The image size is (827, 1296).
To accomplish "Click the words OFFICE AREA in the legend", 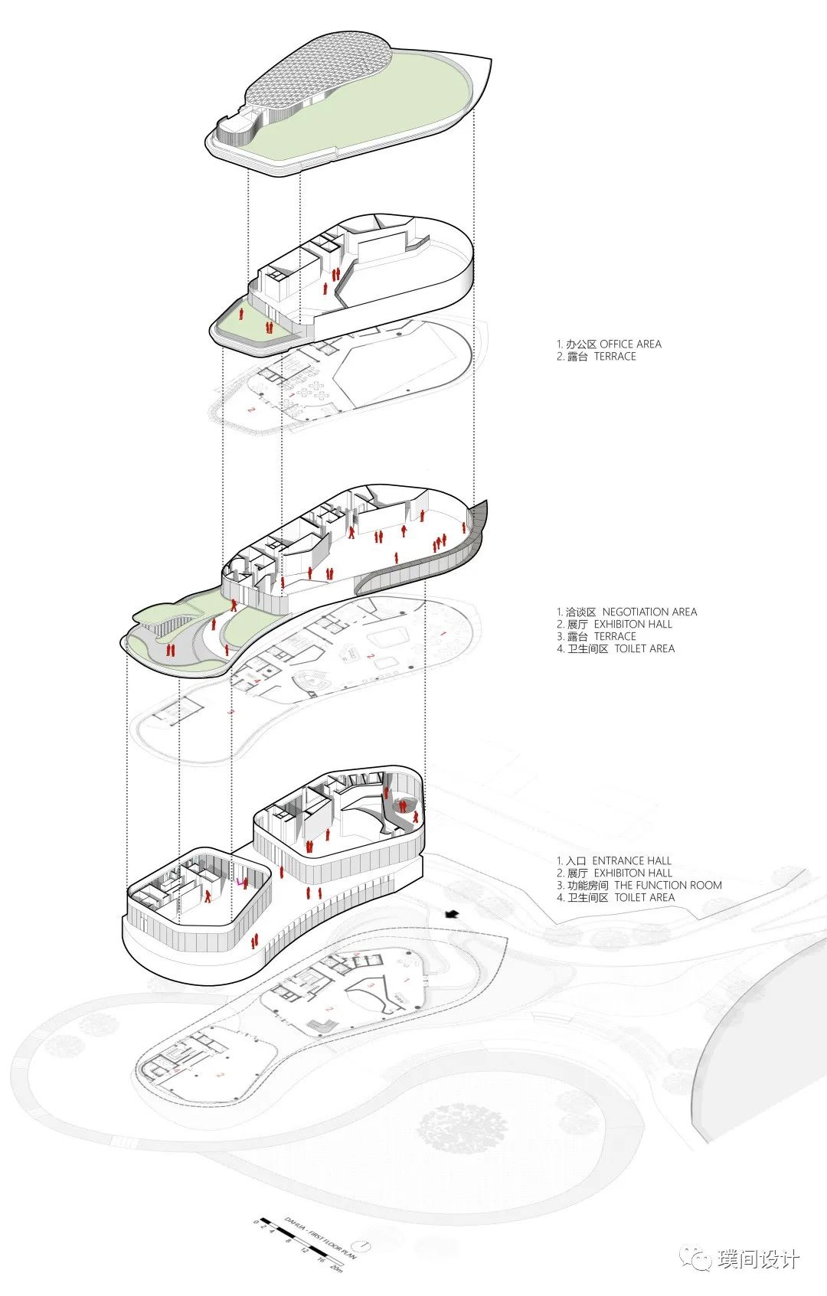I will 630,344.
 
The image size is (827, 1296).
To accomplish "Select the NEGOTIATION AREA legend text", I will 649,612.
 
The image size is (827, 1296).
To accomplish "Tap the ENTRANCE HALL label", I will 632,860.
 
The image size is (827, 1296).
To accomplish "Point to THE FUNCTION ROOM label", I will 668,885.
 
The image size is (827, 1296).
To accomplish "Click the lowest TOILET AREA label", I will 644,897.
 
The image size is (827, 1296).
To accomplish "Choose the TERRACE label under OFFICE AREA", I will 615,356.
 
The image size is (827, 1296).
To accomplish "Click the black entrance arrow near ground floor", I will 452,913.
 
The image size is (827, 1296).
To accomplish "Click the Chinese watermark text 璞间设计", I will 759,1259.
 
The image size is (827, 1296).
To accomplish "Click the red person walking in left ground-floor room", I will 207,896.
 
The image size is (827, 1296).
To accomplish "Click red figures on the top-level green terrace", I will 269,328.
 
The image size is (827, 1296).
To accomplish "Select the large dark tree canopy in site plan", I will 463,1128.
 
